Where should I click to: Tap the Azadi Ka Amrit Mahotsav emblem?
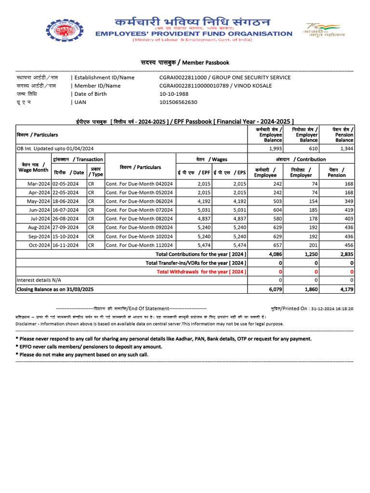(x=321, y=30)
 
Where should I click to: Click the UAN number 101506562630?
(x=178, y=102)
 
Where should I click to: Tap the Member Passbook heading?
(x=185, y=63)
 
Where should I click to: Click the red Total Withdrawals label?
(x=201, y=272)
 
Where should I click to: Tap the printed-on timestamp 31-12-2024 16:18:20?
(x=332, y=309)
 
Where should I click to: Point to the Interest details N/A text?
(x=39, y=280)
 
